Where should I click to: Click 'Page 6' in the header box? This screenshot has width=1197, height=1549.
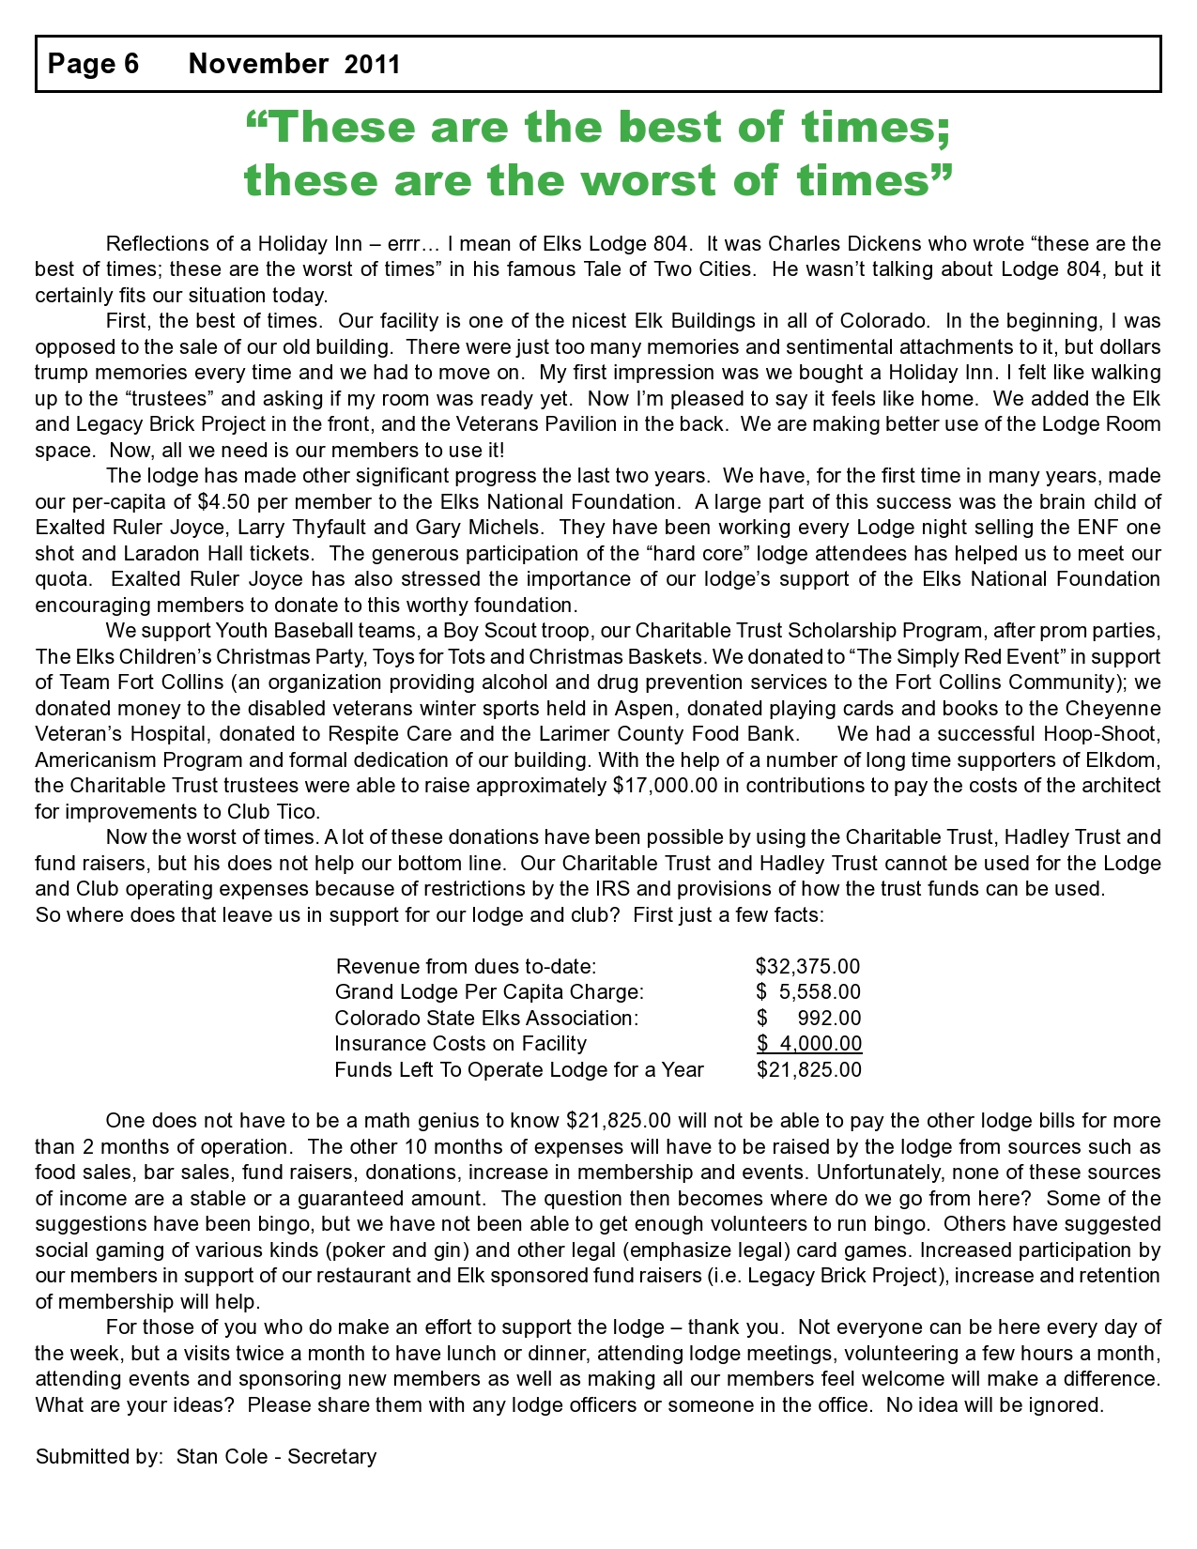click(x=93, y=64)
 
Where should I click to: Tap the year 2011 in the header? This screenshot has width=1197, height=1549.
click(x=373, y=65)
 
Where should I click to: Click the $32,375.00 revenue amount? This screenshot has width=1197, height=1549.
click(x=807, y=967)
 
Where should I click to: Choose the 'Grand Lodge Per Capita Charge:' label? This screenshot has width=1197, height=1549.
click(x=489, y=992)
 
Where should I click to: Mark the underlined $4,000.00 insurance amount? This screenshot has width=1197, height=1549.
click(x=809, y=1044)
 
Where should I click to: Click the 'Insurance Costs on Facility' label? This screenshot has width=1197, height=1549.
click(x=460, y=1044)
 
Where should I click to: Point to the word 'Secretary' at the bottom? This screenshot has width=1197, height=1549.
click(x=332, y=1457)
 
